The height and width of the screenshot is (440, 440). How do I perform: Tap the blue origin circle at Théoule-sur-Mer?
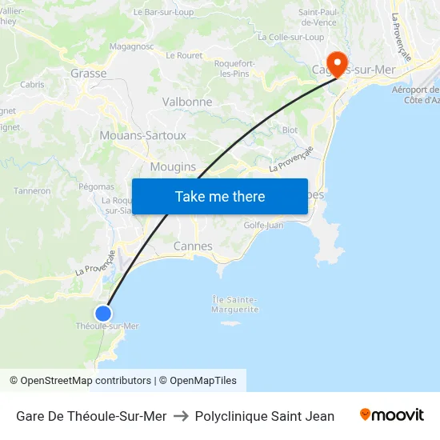point(103,313)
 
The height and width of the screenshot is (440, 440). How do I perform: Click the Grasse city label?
point(88,73)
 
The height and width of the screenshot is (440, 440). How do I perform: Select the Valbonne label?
point(187,102)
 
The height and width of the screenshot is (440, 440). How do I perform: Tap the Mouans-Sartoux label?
point(142,135)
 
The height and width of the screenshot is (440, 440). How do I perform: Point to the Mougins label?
point(173,166)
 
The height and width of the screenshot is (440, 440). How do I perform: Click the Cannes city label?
point(193,246)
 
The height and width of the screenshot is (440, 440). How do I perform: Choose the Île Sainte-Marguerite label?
point(235,304)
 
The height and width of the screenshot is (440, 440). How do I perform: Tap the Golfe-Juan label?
point(263,226)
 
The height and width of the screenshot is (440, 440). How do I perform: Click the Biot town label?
point(290,129)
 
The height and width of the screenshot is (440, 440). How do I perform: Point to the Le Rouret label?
point(184,55)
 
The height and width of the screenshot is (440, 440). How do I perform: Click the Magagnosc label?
point(131,47)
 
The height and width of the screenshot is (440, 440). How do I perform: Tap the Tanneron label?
point(32,191)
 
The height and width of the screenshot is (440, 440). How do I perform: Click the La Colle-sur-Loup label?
point(290,37)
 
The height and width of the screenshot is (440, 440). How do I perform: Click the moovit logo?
point(391,415)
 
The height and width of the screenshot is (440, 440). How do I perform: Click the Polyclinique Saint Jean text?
point(264,416)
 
